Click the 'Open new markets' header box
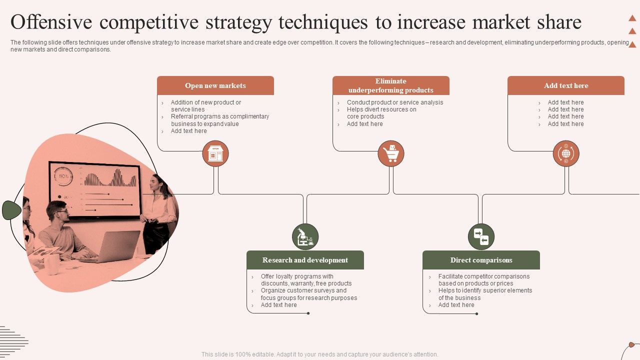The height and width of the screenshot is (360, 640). (215, 85)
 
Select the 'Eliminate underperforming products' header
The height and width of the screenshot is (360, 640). (390, 85)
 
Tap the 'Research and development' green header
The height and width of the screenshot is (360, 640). (305, 260)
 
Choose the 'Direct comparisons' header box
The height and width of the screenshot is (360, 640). (481, 260)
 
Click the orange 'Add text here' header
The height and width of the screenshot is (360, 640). (566, 85)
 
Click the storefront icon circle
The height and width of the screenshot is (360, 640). (215, 153)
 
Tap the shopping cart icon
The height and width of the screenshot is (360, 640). (390, 153)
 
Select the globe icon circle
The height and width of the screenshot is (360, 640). (566, 153)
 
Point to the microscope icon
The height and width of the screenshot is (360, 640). (305, 236)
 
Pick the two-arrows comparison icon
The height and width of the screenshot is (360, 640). (481, 236)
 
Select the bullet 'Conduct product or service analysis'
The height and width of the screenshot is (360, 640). (394, 102)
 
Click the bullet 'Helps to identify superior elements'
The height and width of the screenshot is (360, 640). (485, 290)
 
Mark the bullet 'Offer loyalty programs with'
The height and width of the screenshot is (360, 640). (297, 276)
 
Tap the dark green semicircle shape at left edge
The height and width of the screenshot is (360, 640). (11, 210)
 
